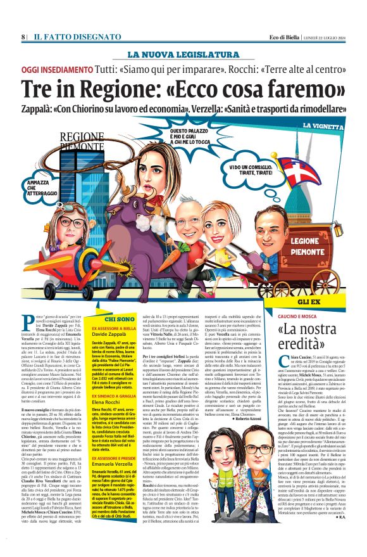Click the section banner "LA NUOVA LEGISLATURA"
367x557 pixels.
click(183, 54)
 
